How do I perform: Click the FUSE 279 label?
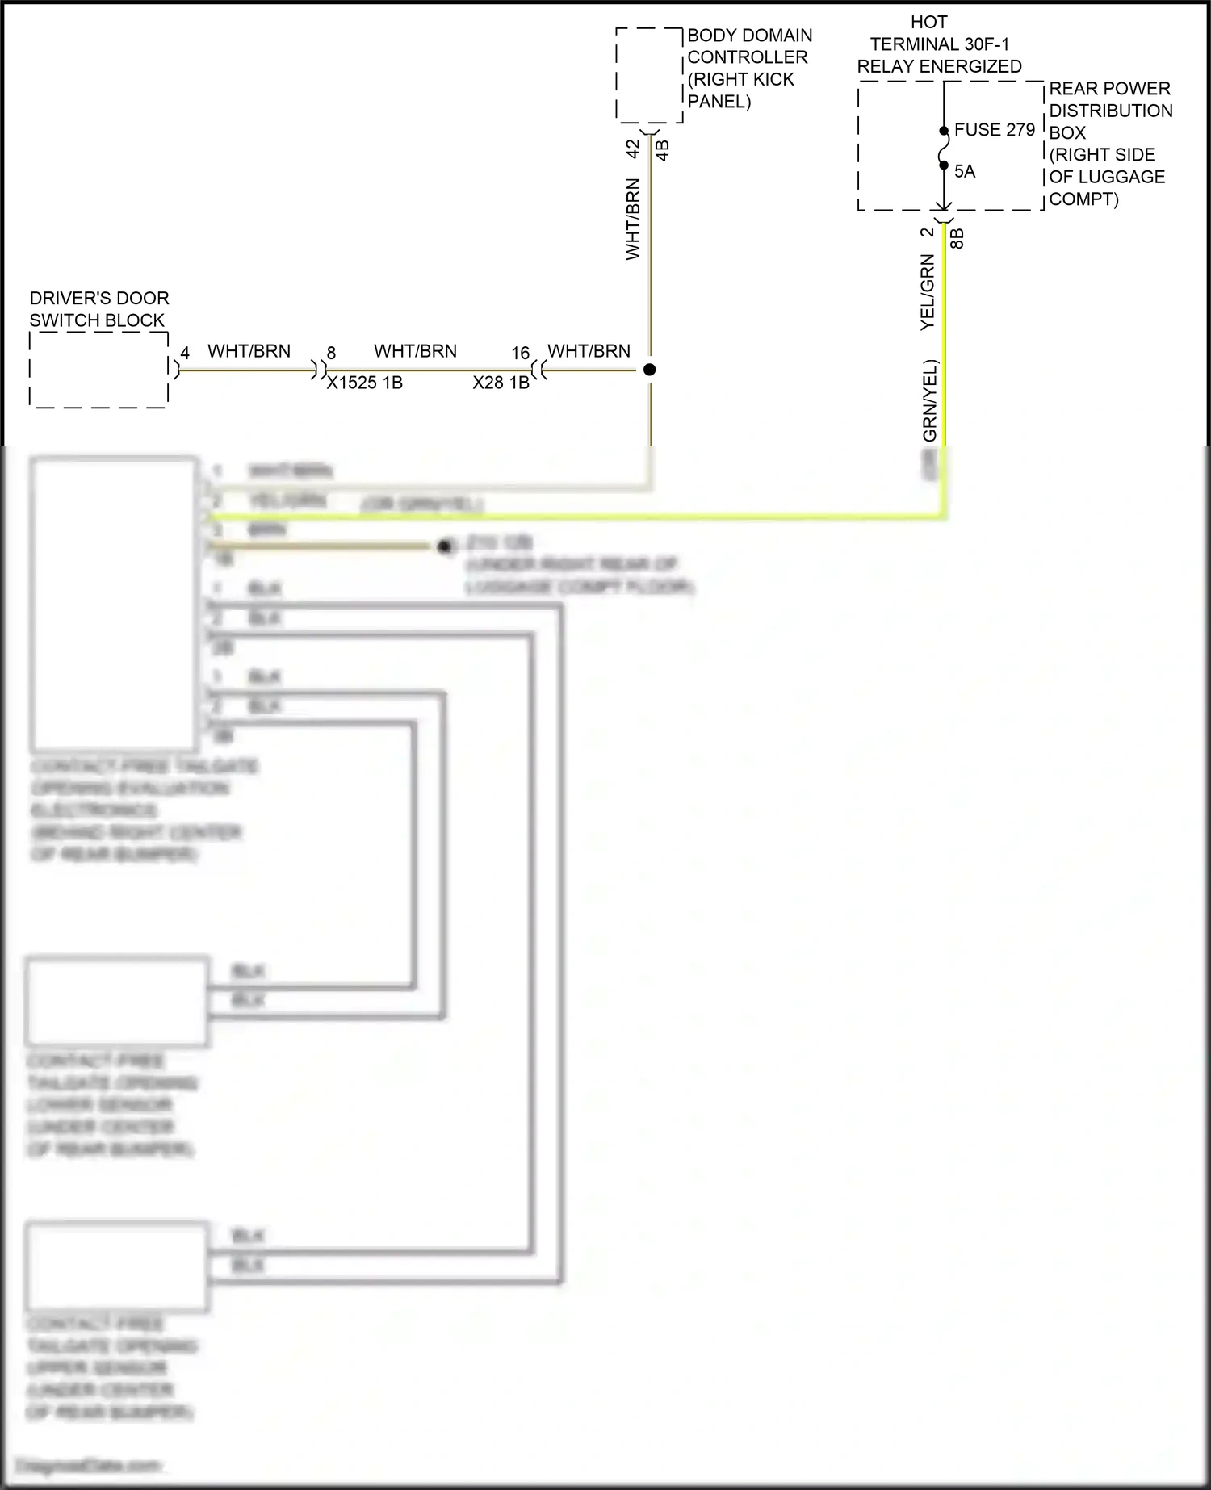[x=994, y=130]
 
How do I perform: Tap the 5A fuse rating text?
[x=965, y=172]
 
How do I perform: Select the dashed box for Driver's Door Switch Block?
[x=98, y=369]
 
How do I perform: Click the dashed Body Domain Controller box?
[x=649, y=75]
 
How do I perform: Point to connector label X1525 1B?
[x=364, y=383]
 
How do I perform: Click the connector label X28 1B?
[x=501, y=383]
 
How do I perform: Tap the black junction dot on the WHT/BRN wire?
[x=650, y=370]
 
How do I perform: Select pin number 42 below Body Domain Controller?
[x=634, y=149]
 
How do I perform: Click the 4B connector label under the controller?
[x=662, y=150]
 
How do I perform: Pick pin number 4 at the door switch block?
[x=185, y=354]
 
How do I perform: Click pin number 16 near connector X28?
[x=521, y=354]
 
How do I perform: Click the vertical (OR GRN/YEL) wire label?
[x=930, y=400]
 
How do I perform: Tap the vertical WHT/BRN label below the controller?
[x=633, y=220]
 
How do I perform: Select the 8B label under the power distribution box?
[x=957, y=238]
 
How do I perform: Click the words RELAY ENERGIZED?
[x=939, y=67]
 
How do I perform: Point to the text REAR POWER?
[x=1109, y=89]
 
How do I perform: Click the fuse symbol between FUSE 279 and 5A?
[x=943, y=149]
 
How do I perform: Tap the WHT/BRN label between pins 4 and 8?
[x=249, y=351]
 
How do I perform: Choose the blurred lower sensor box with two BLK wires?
[x=117, y=1001]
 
